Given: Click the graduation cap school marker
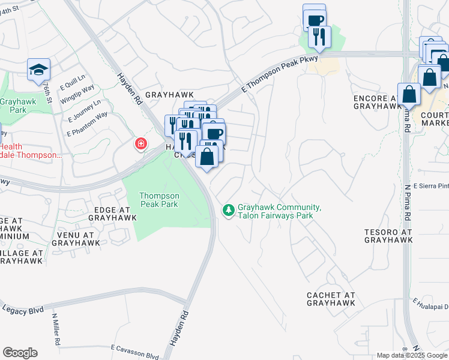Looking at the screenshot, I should point(38,70).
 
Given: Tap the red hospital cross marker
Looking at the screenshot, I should point(141,144).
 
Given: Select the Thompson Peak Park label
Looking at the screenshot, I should point(159,200).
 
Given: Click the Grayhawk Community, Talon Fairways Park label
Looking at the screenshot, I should point(279,211).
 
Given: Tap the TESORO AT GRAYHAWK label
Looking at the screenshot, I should point(388,235).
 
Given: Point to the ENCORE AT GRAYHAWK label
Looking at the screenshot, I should point(377,101).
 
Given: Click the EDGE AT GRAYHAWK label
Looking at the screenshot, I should point(112,214).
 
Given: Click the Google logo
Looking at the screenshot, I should point(20,352).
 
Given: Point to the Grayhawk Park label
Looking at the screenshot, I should point(13,106).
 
